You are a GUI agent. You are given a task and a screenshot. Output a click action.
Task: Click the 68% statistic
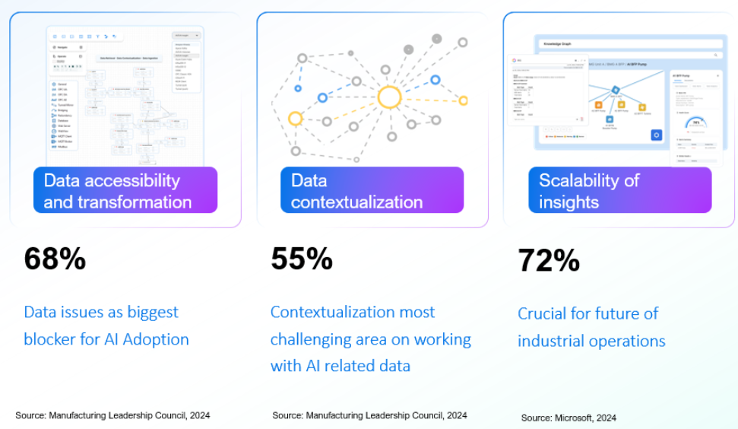(55, 259)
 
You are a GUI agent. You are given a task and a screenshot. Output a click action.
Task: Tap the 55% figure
(302, 259)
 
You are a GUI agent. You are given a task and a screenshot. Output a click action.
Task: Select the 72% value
(549, 261)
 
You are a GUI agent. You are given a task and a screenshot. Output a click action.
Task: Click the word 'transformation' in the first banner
(139, 202)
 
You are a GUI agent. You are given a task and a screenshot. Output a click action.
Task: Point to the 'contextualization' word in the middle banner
(356, 202)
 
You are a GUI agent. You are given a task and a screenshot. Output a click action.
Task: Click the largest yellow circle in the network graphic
(389, 98)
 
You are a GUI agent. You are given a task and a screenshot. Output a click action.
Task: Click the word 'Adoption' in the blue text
(157, 339)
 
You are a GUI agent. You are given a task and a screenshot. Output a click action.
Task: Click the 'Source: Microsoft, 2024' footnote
(569, 418)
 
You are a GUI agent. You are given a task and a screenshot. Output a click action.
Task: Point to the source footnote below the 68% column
(112, 415)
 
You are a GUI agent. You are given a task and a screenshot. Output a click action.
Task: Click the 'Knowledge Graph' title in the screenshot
(556, 44)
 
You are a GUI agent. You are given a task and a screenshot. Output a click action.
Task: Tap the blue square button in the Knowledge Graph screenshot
(657, 135)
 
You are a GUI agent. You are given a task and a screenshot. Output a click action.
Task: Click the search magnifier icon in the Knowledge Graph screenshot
(715, 55)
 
